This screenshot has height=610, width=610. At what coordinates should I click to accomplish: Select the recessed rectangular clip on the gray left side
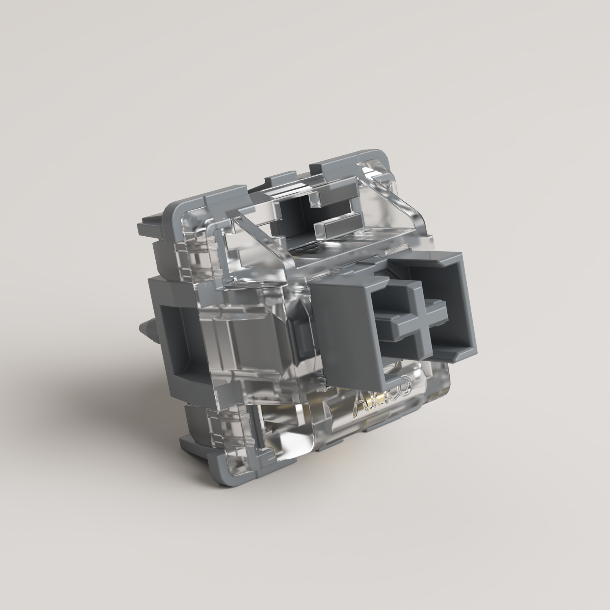tap(173, 331)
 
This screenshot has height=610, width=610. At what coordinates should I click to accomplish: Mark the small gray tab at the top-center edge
tap(277, 179)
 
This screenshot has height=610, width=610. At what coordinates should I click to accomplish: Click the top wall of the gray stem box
tap(423, 260)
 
